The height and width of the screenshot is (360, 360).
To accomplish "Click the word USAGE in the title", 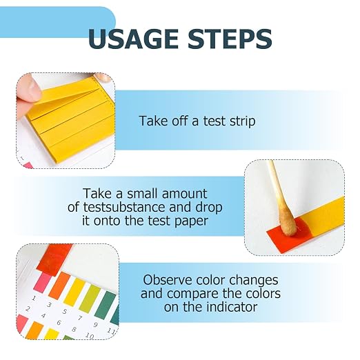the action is [133, 39].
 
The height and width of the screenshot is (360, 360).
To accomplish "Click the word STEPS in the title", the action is [230, 39].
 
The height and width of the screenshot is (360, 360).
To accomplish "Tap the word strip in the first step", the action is [243, 121].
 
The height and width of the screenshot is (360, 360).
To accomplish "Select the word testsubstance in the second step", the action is [124, 207].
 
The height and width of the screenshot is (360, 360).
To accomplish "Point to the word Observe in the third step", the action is [168, 280].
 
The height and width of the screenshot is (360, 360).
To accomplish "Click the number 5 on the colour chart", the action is [65, 312].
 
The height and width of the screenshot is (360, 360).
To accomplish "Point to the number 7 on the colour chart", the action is [80, 319].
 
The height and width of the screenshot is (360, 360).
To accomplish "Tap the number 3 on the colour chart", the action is [49, 305].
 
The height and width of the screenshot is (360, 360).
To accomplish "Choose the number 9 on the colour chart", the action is [95, 325].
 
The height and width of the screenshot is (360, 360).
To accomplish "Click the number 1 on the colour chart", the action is [34, 299].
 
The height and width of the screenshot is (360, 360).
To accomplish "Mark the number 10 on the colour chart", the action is [90, 336].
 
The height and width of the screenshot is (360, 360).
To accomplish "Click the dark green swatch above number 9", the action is [106, 304].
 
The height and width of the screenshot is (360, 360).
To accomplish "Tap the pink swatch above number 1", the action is [43, 281].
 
